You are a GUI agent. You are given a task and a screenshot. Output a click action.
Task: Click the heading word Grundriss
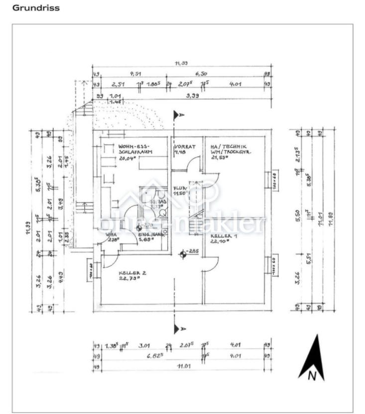pyautogui.click(x=36, y=8)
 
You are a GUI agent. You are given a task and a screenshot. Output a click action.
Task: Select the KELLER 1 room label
pyautogui.click(x=223, y=235)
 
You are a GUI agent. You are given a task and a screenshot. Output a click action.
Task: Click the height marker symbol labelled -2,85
pyautogui.click(x=184, y=254)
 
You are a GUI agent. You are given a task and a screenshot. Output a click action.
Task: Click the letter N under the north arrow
pyautogui.click(x=312, y=377)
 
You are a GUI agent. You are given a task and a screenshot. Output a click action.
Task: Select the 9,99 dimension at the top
pyautogui.click(x=191, y=95)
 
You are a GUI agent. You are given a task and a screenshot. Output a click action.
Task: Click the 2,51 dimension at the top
pyautogui.click(x=118, y=85)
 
